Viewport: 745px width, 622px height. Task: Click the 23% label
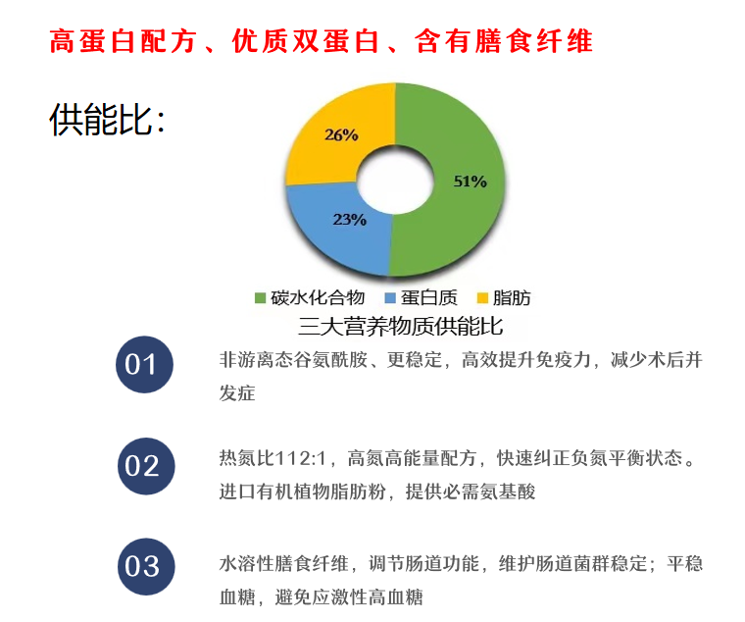click(x=349, y=220)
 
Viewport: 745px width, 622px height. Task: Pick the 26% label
click(x=340, y=135)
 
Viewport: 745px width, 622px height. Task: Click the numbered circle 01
click(x=143, y=366)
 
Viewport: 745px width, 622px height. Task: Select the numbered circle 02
click(x=143, y=466)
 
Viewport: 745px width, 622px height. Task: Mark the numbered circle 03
click(x=143, y=566)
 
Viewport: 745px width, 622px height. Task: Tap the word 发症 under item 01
click(x=236, y=392)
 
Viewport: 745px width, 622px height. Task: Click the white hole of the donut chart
click(x=392, y=182)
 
